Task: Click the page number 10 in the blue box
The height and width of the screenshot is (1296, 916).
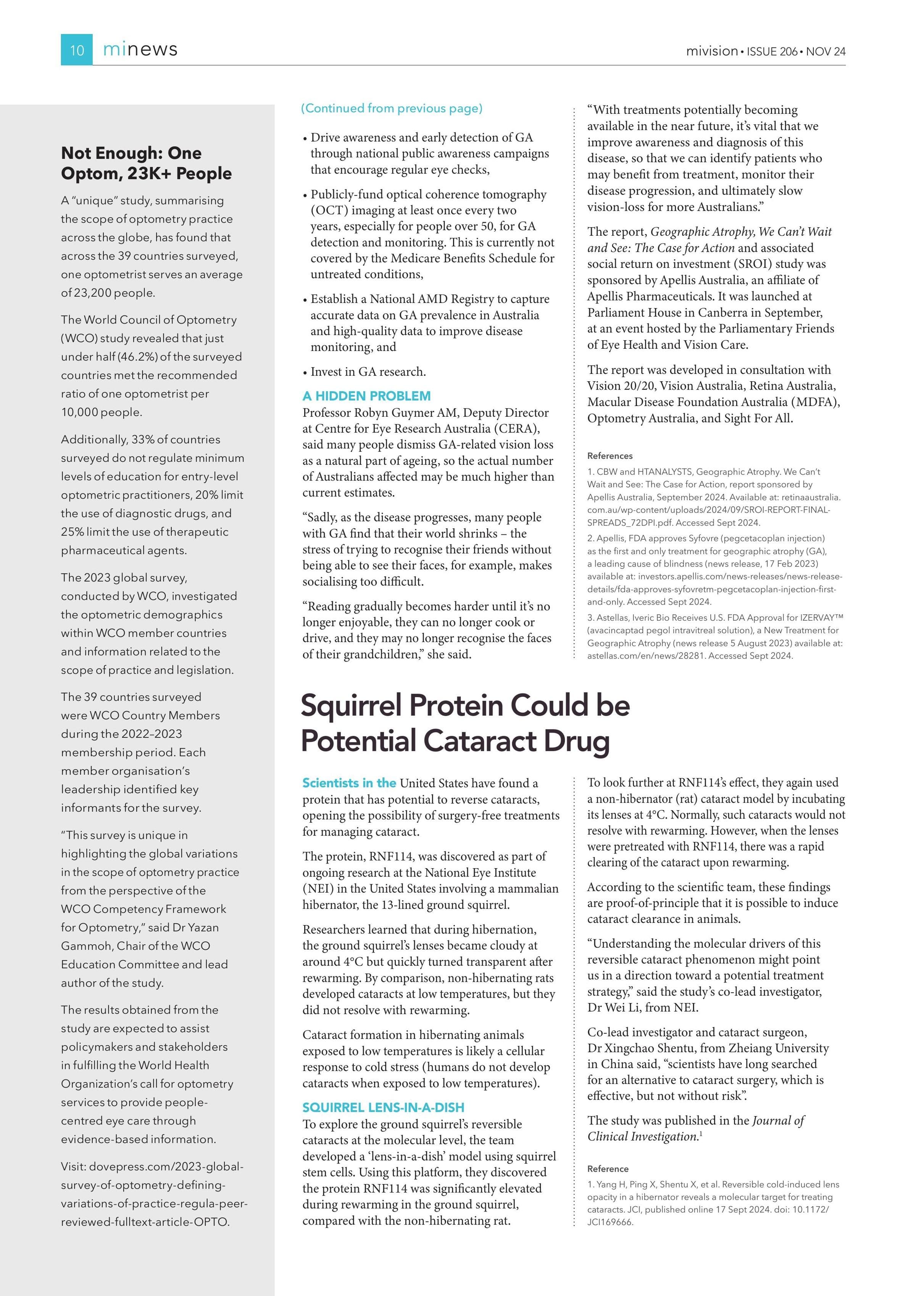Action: [77, 50]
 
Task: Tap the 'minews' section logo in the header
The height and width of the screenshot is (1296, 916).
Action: [140, 50]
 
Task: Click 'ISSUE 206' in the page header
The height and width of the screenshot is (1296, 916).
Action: [772, 51]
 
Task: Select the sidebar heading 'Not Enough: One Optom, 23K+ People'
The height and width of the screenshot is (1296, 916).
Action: [146, 163]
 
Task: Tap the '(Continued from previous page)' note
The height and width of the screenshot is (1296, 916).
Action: [392, 108]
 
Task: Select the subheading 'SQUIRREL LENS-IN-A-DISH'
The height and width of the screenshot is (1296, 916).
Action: [383, 1107]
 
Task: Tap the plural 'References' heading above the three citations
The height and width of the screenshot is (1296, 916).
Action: [610, 456]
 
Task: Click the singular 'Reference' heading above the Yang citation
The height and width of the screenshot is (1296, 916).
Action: [608, 1168]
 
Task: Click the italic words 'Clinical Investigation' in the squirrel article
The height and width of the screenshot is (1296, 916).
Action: [642, 1136]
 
